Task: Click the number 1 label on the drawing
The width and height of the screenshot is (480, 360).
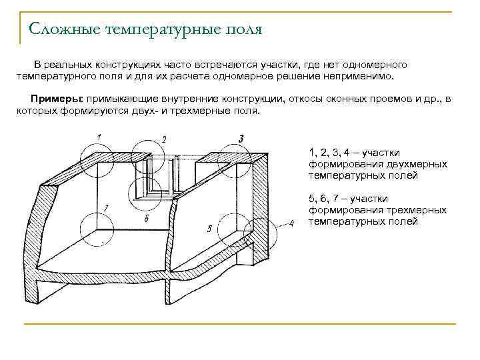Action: point(99,137)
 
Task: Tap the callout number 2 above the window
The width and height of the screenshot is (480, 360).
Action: point(164,139)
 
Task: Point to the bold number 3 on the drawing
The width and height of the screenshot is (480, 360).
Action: point(241,138)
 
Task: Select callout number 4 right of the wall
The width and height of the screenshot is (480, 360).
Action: point(291,223)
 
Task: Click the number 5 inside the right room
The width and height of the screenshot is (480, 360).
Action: point(209,229)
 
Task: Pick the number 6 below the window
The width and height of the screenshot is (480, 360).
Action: point(146,219)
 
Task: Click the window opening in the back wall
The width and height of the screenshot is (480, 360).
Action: point(160,176)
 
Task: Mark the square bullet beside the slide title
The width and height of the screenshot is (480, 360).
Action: point(19,30)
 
